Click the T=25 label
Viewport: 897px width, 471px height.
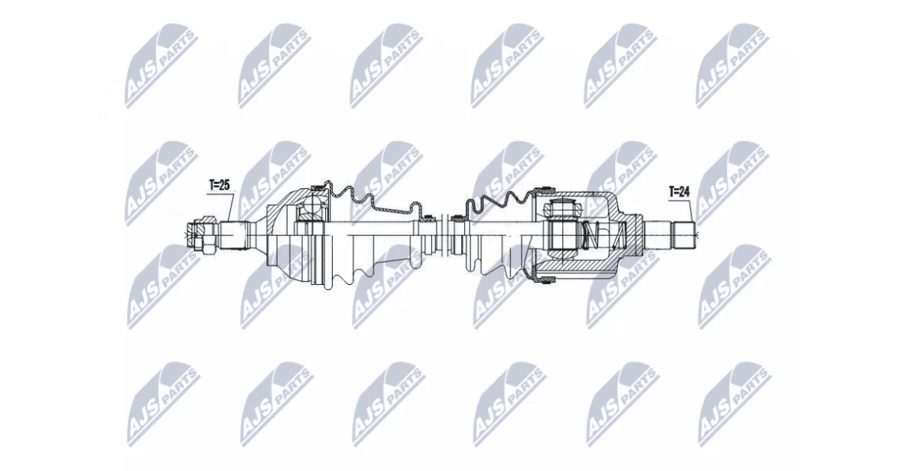click(220, 185)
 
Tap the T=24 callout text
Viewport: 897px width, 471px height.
click(679, 191)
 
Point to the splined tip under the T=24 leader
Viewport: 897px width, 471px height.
click(685, 235)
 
